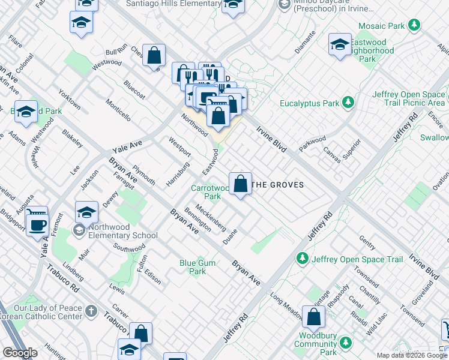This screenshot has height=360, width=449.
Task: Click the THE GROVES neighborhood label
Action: [x=277, y=185]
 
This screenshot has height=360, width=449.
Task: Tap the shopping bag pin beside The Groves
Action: [x=240, y=184]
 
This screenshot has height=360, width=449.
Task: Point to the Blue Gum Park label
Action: [x=193, y=267]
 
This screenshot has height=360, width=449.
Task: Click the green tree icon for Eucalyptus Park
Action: [x=347, y=103]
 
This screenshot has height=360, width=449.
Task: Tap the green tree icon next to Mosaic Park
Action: [x=414, y=26]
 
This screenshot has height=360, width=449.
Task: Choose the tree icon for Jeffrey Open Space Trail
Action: [x=303, y=259]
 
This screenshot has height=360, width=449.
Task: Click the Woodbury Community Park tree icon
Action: [x=346, y=343]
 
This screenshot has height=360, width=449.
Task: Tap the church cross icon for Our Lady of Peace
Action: [x=91, y=311]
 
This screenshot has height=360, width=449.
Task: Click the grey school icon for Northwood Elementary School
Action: [x=79, y=230]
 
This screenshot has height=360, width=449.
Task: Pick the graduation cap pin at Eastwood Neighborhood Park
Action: [x=340, y=44]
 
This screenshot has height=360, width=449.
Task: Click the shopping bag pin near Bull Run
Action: [x=154, y=55]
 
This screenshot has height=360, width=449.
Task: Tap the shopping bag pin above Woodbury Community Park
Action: [x=313, y=317]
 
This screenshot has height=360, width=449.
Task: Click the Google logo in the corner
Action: [x=20, y=353]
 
